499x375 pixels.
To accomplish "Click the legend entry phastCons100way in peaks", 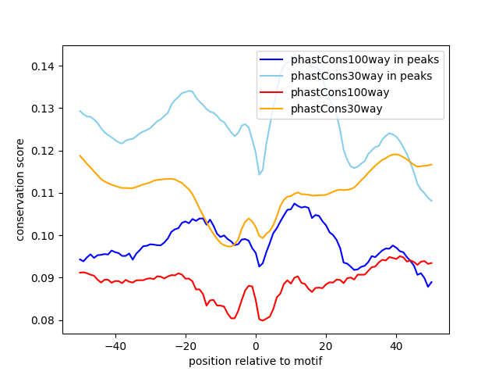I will [364, 59].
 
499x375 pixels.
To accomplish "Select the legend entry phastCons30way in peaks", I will [362, 76].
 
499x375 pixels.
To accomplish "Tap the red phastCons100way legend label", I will [340, 92].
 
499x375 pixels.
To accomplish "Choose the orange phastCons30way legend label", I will [337, 109].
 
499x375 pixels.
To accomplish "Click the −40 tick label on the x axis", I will [115, 346].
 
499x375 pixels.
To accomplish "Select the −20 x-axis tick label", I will [185, 346].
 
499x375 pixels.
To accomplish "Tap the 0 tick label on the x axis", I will [256, 346].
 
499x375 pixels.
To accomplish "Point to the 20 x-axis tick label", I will [326, 346].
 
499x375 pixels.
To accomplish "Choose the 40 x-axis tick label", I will [396, 346].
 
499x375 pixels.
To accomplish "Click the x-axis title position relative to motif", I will [255, 361].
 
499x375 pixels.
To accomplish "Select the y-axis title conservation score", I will [20, 190].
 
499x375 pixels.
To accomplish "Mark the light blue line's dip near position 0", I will [260, 174].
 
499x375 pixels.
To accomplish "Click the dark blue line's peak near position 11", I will [295, 204].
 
